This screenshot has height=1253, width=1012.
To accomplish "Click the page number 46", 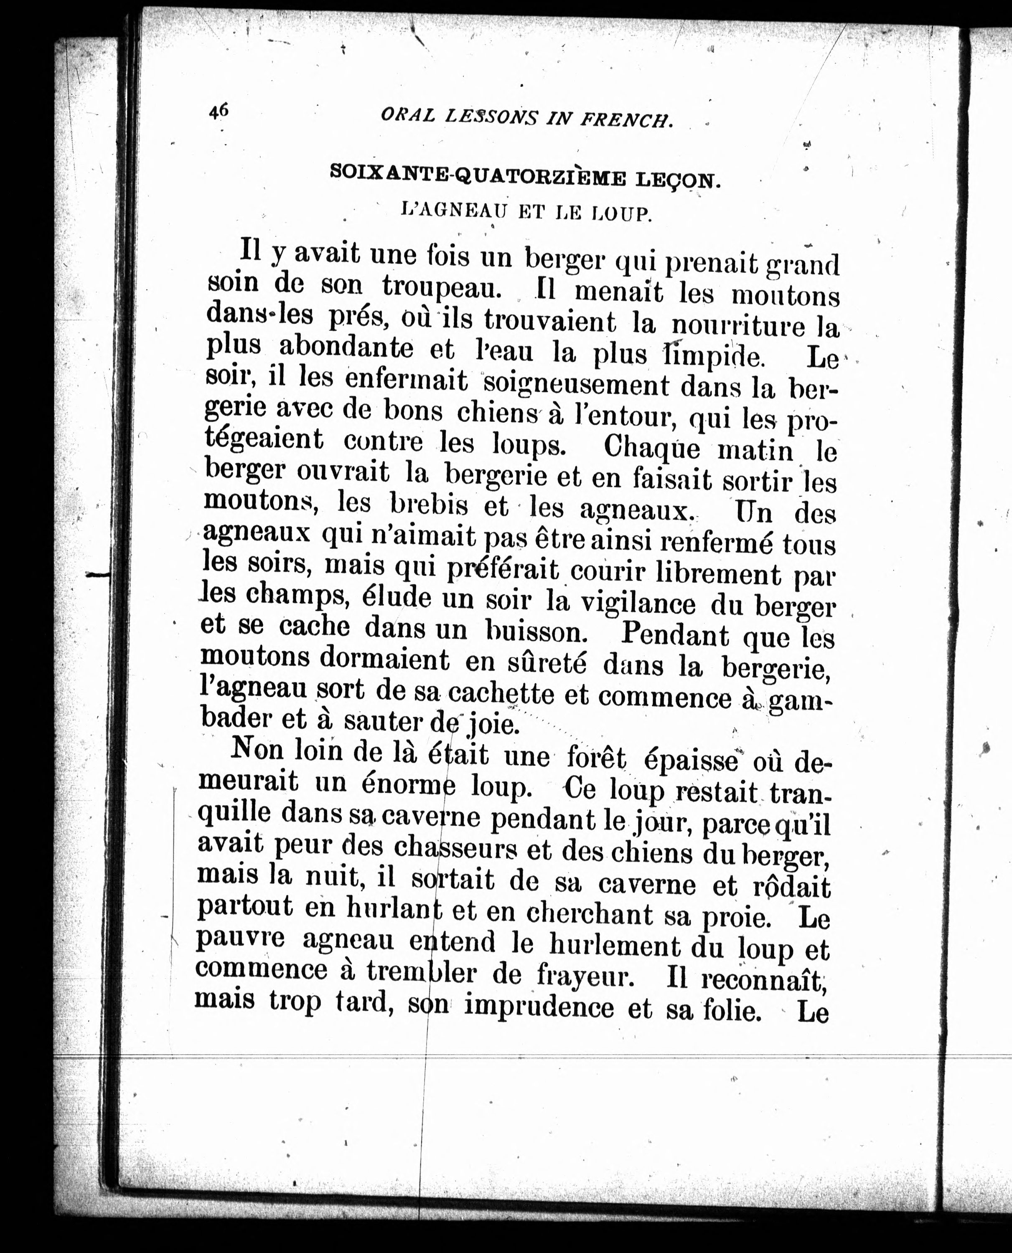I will (x=219, y=111).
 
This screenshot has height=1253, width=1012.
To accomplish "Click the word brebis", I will (x=429, y=505).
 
